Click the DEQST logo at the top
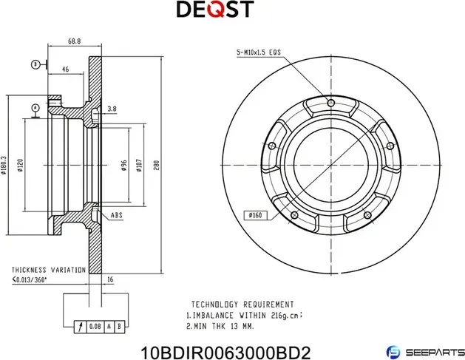click(214, 10)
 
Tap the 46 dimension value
click(66, 69)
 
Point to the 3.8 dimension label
click(112, 109)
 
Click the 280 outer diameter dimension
click(156, 166)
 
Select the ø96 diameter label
click(123, 165)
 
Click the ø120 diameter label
click(21, 165)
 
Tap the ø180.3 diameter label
click(4, 166)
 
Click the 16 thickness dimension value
click(110, 280)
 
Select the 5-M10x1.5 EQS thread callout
click(259, 52)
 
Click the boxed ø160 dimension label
click(254, 215)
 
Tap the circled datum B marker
click(35, 65)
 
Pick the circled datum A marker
click(35, 108)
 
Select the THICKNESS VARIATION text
click(48, 271)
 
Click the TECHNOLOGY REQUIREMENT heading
click(242, 304)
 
